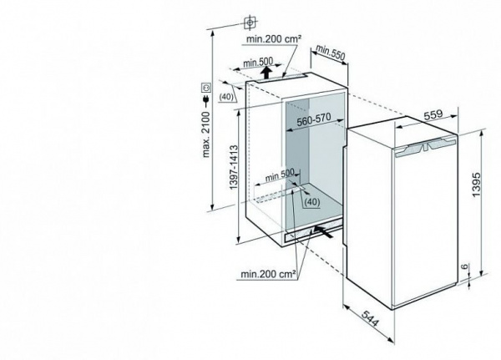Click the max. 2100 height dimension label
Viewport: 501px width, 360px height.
click(206, 134)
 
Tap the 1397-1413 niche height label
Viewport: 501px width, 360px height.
click(234, 166)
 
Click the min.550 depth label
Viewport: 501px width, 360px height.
click(331, 53)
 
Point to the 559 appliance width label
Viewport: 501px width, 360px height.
click(433, 114)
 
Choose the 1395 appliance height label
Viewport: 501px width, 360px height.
click(476, 185)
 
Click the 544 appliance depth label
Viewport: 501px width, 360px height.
click(371, 318)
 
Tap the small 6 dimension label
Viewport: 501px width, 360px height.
click(465, 266)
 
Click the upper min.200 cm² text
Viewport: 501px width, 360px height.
click(274, 39)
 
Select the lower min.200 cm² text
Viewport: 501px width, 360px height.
click(268, 274)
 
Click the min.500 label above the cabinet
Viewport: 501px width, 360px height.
click(258, 62)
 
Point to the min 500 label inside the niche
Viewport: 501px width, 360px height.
click(280, 175)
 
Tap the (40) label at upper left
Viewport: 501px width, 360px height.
click(226, 97)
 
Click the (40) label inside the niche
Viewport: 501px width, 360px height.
click(311, 202)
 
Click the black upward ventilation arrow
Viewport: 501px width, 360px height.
click(266, 73)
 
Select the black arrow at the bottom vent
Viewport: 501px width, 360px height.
click(324, 231)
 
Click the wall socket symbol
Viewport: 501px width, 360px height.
click(206, 87)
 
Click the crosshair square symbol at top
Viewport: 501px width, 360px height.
click(250, 23)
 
